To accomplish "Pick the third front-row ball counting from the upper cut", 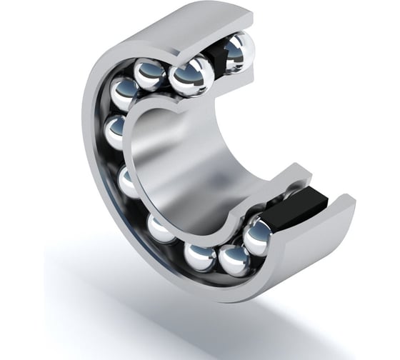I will coord(124,94).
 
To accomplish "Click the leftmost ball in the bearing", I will coord(115,131).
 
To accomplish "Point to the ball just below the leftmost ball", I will coord(128,181).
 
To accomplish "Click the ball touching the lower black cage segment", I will coord(257,235).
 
